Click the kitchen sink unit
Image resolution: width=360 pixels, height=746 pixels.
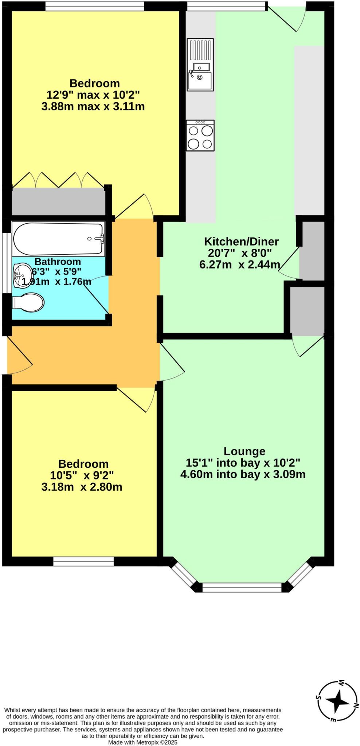point(200,64)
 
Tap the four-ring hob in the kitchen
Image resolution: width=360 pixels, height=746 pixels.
point(200,136)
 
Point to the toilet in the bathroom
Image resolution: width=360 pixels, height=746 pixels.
point(28,303)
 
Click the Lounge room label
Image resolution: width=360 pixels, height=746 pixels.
point(244,451)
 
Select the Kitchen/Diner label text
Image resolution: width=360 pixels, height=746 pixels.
point(241,242)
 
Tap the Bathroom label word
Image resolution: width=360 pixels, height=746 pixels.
point(58,262)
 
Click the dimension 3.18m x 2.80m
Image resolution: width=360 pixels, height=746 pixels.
point(82,487)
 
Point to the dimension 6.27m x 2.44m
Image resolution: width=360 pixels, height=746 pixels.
point(239,264)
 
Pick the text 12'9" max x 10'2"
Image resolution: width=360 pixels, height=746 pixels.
point(93,95)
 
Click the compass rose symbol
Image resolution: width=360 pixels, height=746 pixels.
point(337,700)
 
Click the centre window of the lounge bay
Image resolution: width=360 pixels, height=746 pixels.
point(242,587)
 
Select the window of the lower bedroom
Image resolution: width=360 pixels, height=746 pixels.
point(83,561)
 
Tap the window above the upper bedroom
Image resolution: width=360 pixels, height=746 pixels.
point(94,6)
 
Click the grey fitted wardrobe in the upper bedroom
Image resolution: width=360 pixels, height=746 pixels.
point(58,201)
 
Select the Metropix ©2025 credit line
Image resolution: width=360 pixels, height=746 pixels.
point(142,742)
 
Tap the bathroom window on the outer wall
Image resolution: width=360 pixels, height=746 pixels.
point(5,262)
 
